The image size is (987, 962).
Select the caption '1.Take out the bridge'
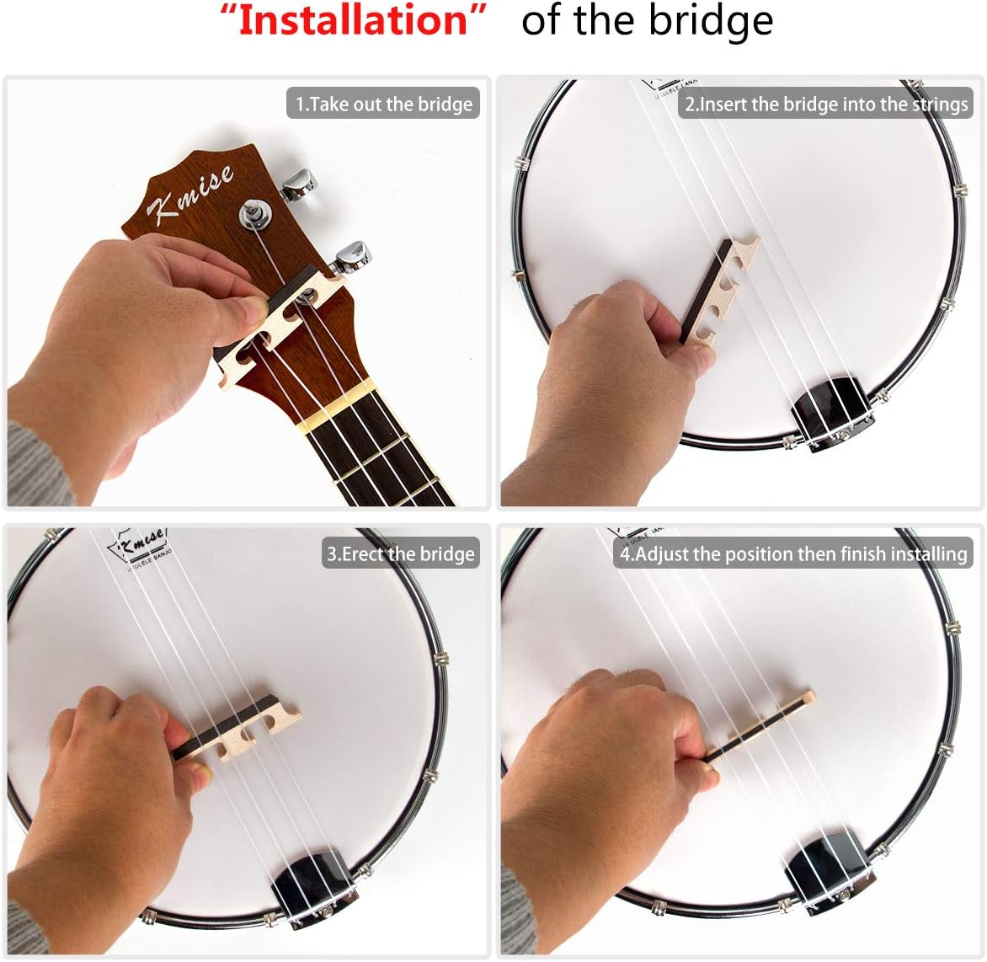click(x=383, y=104)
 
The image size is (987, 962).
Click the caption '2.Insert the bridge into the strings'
click(x=825, y=104)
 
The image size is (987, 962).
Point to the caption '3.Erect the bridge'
click(x=401, y=553)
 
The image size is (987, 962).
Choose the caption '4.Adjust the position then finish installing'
click(x=792, y=553)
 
